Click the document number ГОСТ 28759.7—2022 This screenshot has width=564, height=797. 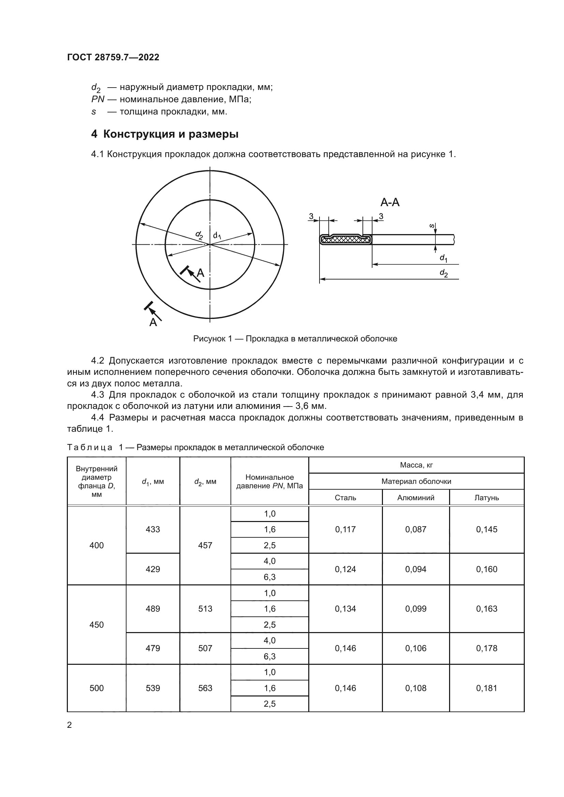(x=113, y=57)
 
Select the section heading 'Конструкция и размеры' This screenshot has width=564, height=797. (x=170, y=134)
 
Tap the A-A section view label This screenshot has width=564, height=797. (x=390, y=202)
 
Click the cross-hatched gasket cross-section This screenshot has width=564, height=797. (x=345, y=240)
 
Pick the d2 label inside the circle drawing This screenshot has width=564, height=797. (x=199, y=235)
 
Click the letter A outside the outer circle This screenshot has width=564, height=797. (x=153, y=322)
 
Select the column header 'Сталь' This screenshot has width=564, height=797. (x=345, y=498)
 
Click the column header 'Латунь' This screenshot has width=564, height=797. (x=486, y=498)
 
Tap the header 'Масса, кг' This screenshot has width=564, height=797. (x=416, y=465)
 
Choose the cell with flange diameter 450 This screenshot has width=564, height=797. (x=97, y=625)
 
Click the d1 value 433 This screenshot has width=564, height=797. (x=153, y=530)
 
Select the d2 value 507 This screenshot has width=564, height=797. (x=205, y=648)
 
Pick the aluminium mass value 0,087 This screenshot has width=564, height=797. (x=415, y=530)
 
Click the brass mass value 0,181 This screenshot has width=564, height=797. (x=486, y=688)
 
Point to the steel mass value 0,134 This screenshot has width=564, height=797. (x=345, y=609)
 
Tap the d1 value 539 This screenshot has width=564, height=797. (x=153, y=688)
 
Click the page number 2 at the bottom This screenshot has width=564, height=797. (x=70, y=725)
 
